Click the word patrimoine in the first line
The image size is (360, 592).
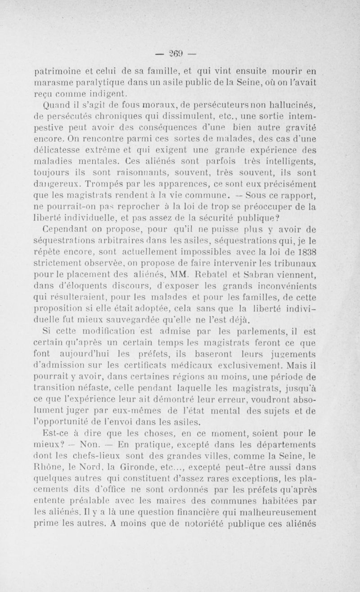coord(54,71)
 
